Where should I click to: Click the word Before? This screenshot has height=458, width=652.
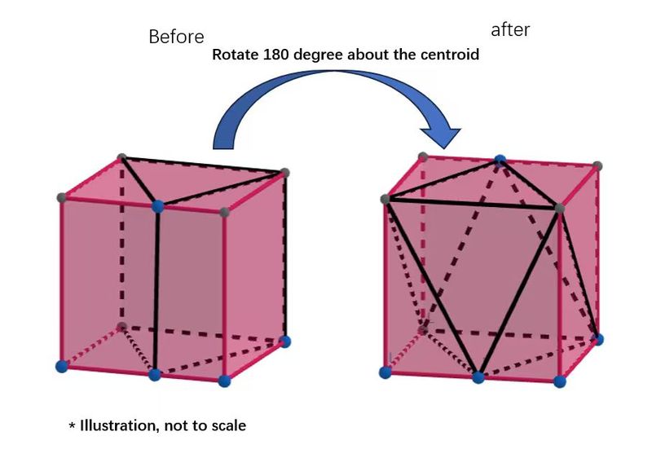point(176,37)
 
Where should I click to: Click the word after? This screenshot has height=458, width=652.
point(510,30)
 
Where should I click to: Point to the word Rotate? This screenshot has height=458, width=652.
point(232,56)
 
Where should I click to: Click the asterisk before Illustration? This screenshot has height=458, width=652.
point(72,425)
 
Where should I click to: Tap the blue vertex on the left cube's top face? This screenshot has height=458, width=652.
point(158,207)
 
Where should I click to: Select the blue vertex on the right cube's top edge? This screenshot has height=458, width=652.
point(500,160)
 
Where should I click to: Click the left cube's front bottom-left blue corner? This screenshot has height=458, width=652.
point(60,367)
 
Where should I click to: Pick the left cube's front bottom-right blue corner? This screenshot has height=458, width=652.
point(225,381)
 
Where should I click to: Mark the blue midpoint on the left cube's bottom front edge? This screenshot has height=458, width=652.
point(155,375)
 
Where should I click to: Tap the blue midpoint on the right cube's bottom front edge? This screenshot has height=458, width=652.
point(478,377)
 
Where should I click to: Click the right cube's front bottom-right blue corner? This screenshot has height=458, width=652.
point(559,381)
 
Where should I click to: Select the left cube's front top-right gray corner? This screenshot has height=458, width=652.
point(225,214)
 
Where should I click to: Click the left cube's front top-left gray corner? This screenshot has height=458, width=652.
point(62,197)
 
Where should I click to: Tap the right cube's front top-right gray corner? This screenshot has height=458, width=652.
point(559,209)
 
